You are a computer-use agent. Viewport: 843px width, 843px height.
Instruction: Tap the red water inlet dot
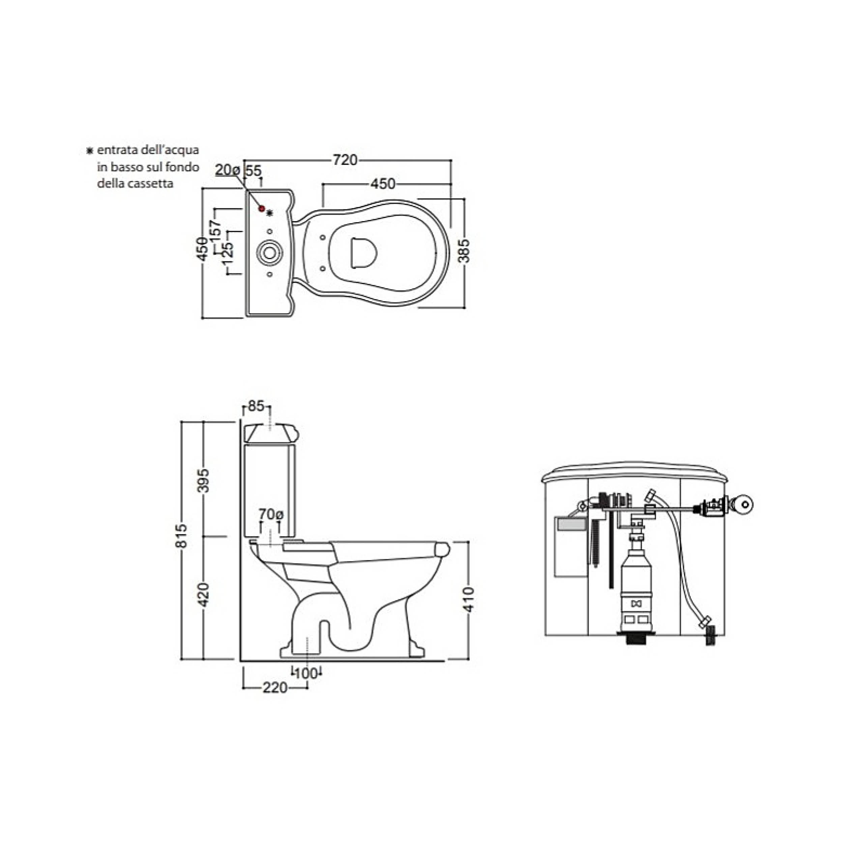(x=262, y=209)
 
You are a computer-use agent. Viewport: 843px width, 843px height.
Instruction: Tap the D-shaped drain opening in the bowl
(x=364, y=252)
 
